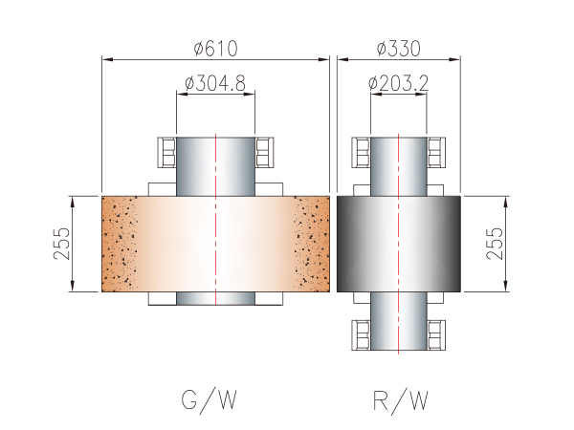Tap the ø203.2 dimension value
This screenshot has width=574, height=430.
(397, 84)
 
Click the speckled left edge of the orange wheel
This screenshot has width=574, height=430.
(119, 244)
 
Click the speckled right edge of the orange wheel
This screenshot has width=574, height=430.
(312, 244)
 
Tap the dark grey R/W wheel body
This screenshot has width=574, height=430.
(364, 244)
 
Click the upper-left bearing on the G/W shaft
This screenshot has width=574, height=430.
(166, 151)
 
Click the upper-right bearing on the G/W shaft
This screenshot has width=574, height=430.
(266, 151)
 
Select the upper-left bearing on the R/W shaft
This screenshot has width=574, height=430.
(362, 151)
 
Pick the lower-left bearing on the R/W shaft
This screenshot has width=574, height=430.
(362, 335)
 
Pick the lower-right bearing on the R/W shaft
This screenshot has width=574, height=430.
(436, 335)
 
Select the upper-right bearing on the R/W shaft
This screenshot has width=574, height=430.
(436, 151)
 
